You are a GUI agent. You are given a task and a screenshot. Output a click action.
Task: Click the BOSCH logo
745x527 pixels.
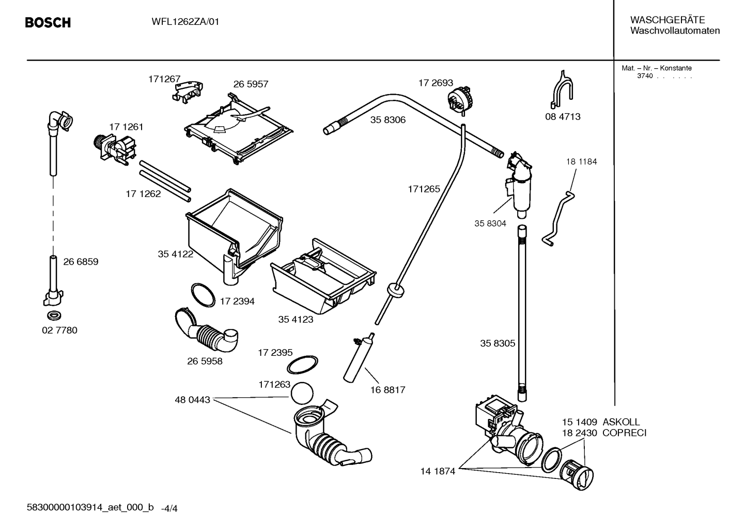pyautogui.click(x=48, y=23)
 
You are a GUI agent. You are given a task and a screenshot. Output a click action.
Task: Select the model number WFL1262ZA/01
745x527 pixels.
pyautogui.click(x=185, y=22)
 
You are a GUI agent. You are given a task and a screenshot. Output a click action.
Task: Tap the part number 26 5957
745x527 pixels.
pyautogui.click(x=251, y=84)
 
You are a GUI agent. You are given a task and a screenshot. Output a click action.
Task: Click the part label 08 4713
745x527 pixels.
pyautogui.click(x=563, y=116)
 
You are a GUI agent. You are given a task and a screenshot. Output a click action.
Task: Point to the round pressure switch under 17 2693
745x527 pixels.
pyautogui.click(x=459, y=100)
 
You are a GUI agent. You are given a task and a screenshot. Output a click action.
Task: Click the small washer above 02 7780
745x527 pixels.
pyautogui.click(x=54, y=315)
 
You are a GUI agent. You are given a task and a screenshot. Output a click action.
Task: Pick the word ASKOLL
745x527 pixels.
pyautogui.click(x=621, y=422)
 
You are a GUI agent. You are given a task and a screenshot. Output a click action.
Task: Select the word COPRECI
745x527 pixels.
pyautogui.click(x=624, y=433)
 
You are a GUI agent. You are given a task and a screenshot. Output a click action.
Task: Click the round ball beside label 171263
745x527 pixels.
pyautogui.click(x=302, y=394)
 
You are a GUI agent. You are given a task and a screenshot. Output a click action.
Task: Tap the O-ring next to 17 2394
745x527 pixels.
pyautogui.click(x=203, y=295)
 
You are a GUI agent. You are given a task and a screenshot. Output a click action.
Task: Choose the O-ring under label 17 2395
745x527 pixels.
pyautogui.click(x=302, y=365)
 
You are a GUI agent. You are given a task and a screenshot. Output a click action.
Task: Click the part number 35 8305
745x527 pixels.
pyautogui.click(x=498, y=343)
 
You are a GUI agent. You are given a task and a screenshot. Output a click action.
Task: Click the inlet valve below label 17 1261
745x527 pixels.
pyautogui.click(x=115, y=150)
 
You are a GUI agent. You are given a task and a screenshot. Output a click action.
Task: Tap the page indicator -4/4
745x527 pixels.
pyautogui.click(x=169, y=509)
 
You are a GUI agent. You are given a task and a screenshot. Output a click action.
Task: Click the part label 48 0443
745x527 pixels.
pyautogui.click(x=192, y=399)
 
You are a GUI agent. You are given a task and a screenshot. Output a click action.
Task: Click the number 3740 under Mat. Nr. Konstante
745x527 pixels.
pyautogui.click(x=645, y=76)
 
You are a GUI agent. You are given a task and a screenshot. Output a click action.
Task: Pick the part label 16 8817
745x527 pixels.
pyautogui.click(x=388, y=389)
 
